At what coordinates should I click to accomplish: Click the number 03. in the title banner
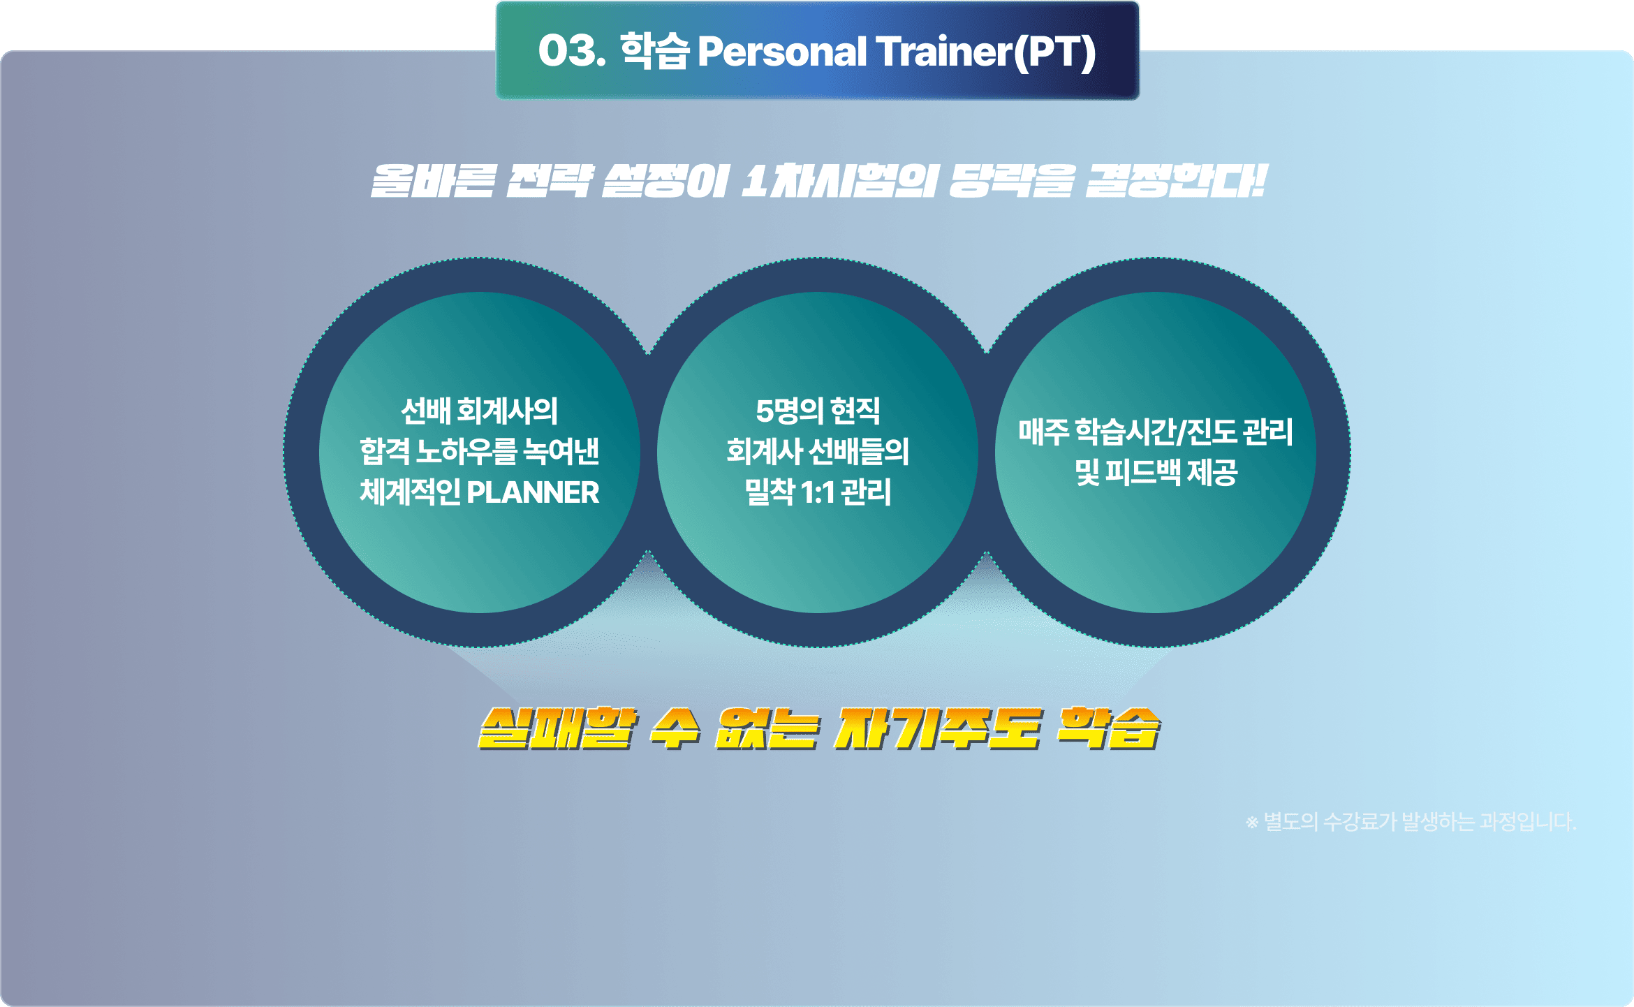pyautogui.click(x=572, y=51)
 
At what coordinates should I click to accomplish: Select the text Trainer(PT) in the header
pyautogui.click(x=986, y=52)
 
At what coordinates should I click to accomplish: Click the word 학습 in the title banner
pyautogui.click(x=654, y=51)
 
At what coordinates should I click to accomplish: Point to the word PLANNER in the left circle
pyautogui.click(x=533, y=492)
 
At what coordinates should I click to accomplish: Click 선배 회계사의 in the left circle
pyautogui.click(x=479, y=411)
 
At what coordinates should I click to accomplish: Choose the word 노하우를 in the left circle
pyautogui.click(x=466, y=451)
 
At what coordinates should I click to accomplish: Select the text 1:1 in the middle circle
pyautogui.click(x=818, y=493)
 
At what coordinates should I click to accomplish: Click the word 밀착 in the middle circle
pyautogui.click(x=770, y=492)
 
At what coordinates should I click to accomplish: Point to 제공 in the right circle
pyautogui.click(x=1213, y=472)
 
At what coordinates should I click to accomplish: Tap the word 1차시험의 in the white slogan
pyautogui.click(x=839, y=181)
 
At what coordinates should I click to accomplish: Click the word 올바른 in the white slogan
pyautogui.click(x=433, y=181)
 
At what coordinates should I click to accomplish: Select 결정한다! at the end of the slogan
pyautogui.click(x=1177, y=181)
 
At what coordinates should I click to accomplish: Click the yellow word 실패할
pyautogui.click(x=557, y=728)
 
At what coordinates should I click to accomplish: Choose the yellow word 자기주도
pyautogui.click(x=938, y=728)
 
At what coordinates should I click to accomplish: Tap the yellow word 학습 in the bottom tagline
pyautogui.click(x=1108, y=728)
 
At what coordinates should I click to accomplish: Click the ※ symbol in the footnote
pyautogui.click(x=1252, y=823)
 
